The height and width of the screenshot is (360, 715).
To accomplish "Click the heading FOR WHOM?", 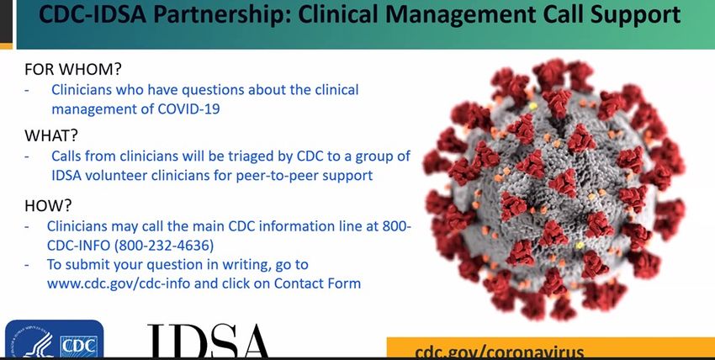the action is click(x=73, y=69).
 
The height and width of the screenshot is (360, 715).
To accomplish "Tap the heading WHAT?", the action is click(x=51, y=135).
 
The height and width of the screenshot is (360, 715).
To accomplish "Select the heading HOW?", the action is click(x=48, y=205).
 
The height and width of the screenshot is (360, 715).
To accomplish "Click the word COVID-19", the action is click(x=188, y=109).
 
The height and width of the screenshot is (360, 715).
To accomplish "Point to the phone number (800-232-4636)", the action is click(x=164, y=246).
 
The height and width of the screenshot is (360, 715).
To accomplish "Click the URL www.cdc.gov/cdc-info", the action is click(x=119, y=283).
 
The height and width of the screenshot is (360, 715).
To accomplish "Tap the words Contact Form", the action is click(x=317, y=283).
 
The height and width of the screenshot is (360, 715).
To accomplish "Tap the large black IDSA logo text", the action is click(x=209, y=341).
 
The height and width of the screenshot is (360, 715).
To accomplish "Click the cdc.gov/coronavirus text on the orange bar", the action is click(x=500, y=352).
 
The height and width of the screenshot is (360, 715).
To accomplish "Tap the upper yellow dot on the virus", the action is click(x=533, y=106).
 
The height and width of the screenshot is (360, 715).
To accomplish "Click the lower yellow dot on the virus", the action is click(x=580, y=246).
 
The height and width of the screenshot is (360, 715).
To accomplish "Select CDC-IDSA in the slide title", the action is click(x=93, y=15).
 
